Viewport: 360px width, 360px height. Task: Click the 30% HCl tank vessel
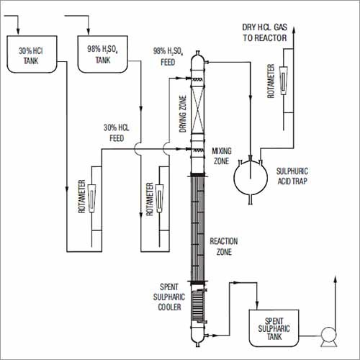point(32,54)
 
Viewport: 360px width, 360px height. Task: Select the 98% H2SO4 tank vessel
point(102,54)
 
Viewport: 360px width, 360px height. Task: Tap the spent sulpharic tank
point(274,328)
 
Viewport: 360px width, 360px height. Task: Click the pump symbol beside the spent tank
point(329,336)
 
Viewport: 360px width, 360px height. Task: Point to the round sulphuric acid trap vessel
point(251,178)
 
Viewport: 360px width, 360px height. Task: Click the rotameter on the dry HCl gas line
point(284,80)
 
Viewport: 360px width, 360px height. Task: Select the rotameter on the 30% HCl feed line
point(91,198)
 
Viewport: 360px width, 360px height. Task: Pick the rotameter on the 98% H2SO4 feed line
point(159,198)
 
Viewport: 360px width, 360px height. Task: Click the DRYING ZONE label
point(183,114)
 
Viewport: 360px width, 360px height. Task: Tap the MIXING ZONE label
point(222,156)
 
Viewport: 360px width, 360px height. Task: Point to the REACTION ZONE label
point(224,246)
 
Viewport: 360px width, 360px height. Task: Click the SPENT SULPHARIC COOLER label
point(169,297)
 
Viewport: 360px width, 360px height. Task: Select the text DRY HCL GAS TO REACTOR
point(264,32)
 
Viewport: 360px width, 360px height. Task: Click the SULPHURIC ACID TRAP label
point(292,176)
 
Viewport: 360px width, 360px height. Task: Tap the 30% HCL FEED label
point(117,132)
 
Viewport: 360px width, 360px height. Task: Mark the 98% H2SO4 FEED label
point(168,57)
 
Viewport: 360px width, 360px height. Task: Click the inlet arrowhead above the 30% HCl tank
point(18,31)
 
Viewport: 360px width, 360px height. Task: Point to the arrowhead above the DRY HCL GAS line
point(293,27)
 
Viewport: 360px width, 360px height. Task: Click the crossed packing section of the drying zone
point(197,112)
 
